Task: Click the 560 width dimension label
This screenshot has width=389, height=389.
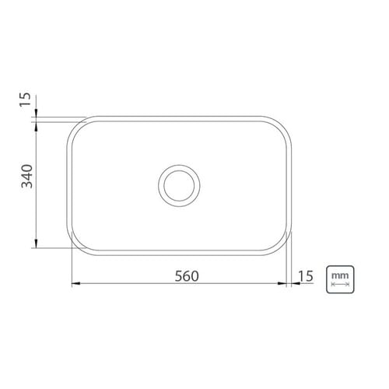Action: click(187, 276)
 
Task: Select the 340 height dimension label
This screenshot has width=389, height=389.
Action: click(27, 176)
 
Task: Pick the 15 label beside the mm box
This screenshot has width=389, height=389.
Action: click(306, 276)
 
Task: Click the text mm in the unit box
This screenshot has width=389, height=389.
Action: click(340, 275)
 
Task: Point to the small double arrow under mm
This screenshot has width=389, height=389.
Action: click(340, 284)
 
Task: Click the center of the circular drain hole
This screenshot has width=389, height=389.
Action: click(179, 185)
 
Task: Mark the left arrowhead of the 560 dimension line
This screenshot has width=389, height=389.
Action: click(75, 283)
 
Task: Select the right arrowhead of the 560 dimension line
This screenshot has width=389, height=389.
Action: click(282, 283)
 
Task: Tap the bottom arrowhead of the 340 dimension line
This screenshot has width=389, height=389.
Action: click(36, 244)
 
